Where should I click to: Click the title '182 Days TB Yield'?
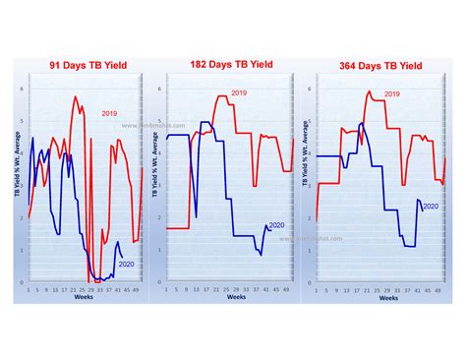click(x=233, y=65)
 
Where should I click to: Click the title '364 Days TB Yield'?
click(x=379, y=67)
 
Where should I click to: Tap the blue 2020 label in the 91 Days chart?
click(x=126, y=264)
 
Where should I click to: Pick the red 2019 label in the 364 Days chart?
click(x=391, y=93)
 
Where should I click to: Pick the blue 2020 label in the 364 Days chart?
click(x=430, y=206)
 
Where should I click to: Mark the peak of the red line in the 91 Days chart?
click(x=76, y=95)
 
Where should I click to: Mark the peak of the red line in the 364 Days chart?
click(x=369, y=91)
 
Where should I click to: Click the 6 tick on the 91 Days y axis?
click(x=24, y=88)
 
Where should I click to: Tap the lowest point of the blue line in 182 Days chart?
click(x=261, y=255)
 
